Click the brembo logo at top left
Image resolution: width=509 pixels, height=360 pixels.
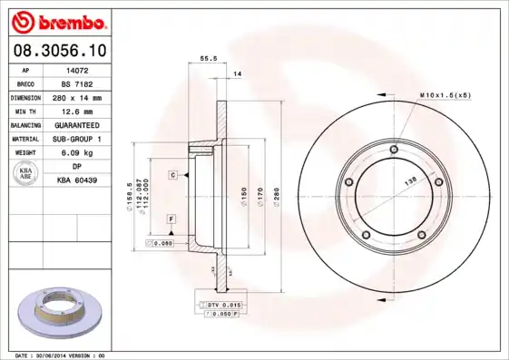(59, 20)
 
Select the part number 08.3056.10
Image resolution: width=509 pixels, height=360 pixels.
(59, 52)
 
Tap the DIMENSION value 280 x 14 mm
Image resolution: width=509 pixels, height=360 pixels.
(76, 97)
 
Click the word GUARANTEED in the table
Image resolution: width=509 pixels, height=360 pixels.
(78, 124)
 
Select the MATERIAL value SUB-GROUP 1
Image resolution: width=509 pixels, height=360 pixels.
(78, 139)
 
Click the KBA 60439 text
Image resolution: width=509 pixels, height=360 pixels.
(77, 180)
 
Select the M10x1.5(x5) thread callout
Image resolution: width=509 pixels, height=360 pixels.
(445, 94)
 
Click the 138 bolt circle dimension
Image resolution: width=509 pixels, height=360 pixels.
(409, 181)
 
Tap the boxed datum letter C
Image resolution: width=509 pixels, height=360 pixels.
(171, 174)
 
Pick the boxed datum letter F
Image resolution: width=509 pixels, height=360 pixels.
(171, 220)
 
